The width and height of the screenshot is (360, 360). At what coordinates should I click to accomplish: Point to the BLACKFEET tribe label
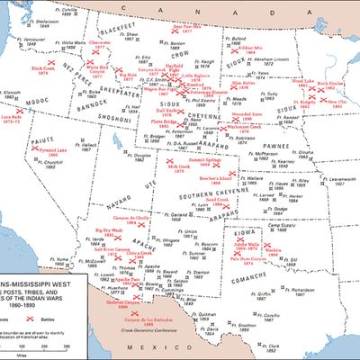pyautogui.click(x=118, y=28)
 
